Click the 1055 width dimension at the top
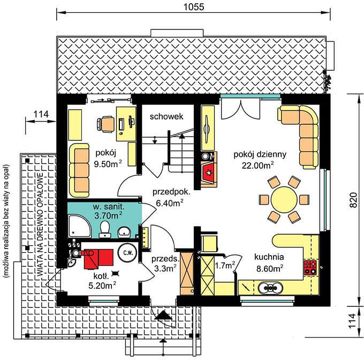tap(194, 7)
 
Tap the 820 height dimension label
tap(353, 200)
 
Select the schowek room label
tap(166, 116)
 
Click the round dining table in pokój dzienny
tap(284, 199)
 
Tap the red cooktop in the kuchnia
tap(310, 268)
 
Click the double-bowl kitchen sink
tap(270, 288)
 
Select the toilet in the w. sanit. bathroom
tap(105, 229)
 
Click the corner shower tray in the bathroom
tap(80, 226)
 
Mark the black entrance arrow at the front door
tap(164, 315)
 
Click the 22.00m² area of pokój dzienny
tap(258, 166)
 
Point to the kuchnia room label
tap(269, 257)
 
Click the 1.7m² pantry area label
tap(225, 265)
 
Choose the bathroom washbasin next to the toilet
tap(124, 232)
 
